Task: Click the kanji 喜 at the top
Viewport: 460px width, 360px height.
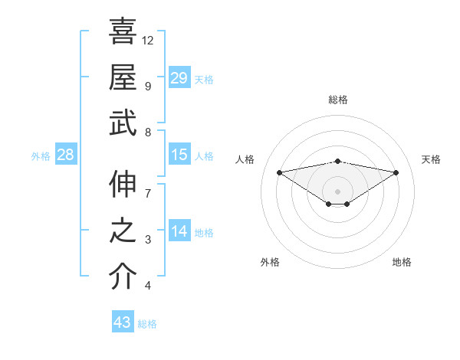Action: point(123,31)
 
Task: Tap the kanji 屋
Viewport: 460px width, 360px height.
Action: point(123,77)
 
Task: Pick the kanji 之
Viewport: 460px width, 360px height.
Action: point(123,231)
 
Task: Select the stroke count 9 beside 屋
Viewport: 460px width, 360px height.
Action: point(148,86)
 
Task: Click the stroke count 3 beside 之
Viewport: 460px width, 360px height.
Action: point(148,240)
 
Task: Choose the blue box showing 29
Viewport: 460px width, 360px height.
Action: point(179,78)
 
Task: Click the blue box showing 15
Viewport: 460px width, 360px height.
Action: point(179,155)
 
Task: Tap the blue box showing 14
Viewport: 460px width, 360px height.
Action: point(179,232)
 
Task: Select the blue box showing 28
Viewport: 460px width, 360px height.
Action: point(66,155)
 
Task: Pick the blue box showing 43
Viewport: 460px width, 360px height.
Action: point(123,322)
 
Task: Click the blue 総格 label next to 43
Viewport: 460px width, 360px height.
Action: point(147,324)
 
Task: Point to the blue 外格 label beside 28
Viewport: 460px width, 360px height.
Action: point(41,156)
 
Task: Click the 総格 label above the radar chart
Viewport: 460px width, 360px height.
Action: point(337,100)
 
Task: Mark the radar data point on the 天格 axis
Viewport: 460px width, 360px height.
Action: point(396,172)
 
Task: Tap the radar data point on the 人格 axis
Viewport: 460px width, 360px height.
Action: point(279,172)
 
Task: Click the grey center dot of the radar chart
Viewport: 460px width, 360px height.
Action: point(337,191)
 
